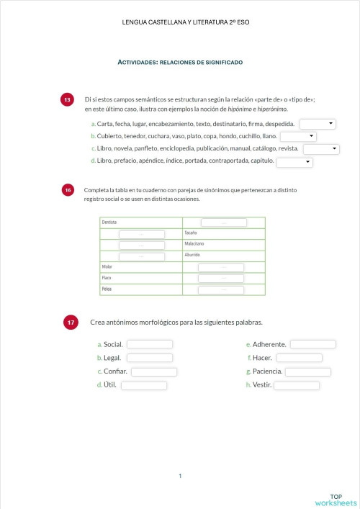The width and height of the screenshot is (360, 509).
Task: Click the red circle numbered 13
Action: pyautogui.click(x=67, y=100)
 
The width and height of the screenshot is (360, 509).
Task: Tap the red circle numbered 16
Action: pyautogui.click(x=68, y=190)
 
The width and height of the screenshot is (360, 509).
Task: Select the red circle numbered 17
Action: pyautogui.click(x=71, y=323)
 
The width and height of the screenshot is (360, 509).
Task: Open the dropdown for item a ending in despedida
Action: pyautogui.click(x=318, y=125)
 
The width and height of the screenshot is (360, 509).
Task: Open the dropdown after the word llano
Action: pyautogui.click(x=298, y=136)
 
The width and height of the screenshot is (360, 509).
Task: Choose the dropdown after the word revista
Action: pyautogui.click(x=320, y=149)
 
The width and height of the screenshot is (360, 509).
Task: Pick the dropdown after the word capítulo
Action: pyautogui.click(x=294, y=162)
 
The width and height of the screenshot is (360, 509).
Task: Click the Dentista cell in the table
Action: pyautogui.click(x=140, y=222)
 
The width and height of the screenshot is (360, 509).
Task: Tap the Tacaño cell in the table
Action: pyautogui.click(x=223, y=233)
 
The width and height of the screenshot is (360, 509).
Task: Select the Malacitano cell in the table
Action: pyautogui.click(x=223, y=244)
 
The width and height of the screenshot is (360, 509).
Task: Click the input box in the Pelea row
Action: pyautogui.click(x=221, y=289)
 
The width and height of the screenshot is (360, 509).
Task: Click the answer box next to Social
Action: pyautogui.click(x=150, y=344)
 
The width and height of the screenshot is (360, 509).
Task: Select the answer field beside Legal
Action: pyautogui.click(x=150, y=358)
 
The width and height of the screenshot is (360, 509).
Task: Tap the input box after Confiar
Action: pyautogui.click(x=154, y=371)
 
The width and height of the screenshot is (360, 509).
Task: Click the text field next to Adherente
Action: pyautogui.click(x=312, y=344)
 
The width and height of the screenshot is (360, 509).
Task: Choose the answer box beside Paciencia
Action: pyautogui.click(x=308, y=371)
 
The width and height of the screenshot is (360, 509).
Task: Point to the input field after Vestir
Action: pyautogui.click(x=297, y=385)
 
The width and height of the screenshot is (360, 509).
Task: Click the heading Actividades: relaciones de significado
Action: pyautogui.click(x=180, y=63)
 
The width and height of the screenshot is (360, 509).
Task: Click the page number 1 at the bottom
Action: pyautogui.click(x=180, y=475)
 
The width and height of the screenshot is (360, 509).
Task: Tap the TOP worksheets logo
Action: pyautogui.click(x=336, y=500)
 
